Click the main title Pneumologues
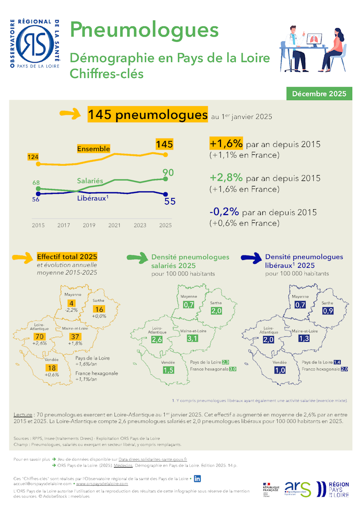pos(144,30)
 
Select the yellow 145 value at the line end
pos(164,144)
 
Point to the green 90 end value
pos(168,172)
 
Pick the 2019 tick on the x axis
pos(89,225)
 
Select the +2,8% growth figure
pos(226,178)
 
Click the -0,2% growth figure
pos(224,212)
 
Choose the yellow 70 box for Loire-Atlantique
pos(40,336)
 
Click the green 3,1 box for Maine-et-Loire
pos(192,338)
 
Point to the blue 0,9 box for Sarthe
pos(328,311)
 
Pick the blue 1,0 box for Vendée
pos(280,370)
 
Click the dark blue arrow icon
pos(251,257)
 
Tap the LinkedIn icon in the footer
pos(197,478)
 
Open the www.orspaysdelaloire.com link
pos(102,484)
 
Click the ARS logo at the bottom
pos(298,488)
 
